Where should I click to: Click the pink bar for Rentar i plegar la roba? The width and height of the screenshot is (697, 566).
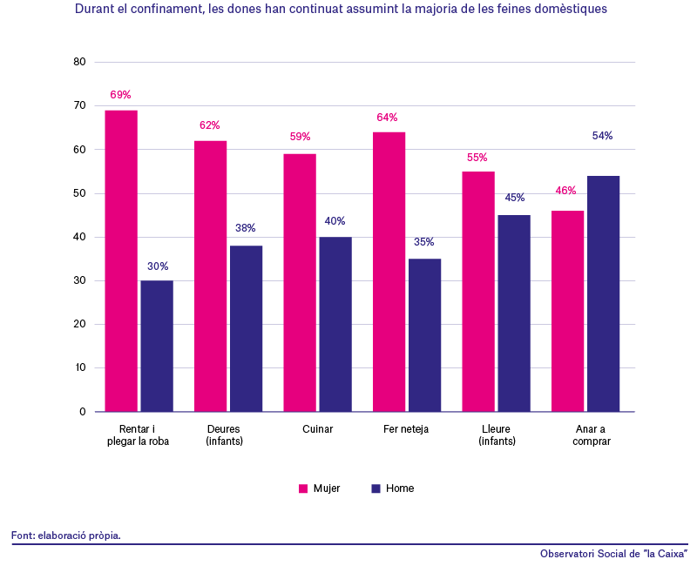tap(121, 260)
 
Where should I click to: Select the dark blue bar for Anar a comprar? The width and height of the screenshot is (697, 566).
tap(603, 293)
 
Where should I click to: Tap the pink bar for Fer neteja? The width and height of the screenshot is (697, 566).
tap(389, 272)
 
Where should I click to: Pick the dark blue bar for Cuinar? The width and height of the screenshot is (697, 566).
tap(335, 324)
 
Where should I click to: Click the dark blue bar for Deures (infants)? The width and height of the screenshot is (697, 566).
tap(247, 329)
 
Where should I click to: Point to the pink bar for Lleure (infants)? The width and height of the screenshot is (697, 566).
tap(478, 292)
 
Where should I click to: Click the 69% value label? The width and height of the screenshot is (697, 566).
tap(120, 95)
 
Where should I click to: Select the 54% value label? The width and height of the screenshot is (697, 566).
tap(602, 136)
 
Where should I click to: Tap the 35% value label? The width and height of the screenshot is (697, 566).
tap(424, 242)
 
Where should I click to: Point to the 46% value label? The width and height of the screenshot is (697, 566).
tap(565, 191)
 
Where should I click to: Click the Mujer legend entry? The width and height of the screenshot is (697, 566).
tap(320, 489)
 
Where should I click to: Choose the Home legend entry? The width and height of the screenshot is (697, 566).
tap(393, 489)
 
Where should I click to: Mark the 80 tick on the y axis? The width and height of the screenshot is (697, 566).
tap(79, 62)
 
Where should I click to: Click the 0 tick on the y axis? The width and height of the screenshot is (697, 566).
tap(83, 412)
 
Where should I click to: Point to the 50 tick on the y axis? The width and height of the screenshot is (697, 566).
tap(79, 193)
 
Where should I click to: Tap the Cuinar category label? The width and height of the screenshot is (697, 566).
tap(317, 429)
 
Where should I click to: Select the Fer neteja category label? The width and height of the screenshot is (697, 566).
tap(406, 429)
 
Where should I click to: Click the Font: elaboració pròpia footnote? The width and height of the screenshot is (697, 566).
tap(66, 536)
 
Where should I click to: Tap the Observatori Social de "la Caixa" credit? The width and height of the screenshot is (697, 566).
tap(614, 554)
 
